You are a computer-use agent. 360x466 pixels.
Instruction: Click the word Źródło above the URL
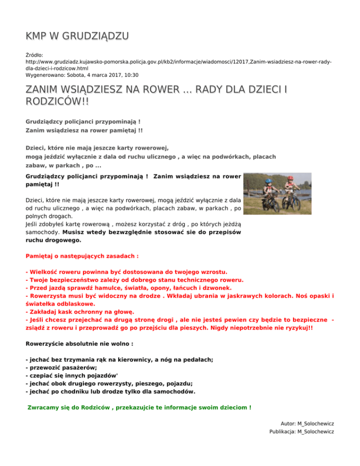34,55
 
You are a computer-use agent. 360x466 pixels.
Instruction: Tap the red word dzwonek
217,287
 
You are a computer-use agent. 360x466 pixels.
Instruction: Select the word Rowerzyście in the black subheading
46,344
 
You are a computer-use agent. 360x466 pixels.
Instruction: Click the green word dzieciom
231,407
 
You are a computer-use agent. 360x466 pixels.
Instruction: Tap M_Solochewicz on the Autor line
315,423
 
